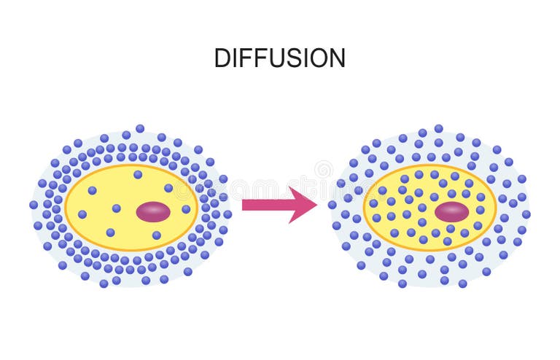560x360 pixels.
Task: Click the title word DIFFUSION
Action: (279, 58)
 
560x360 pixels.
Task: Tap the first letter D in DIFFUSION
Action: (222, 58)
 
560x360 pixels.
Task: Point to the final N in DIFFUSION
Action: (337, 58)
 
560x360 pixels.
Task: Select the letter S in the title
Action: (286, 58)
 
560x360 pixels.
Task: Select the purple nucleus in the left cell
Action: (153, 212)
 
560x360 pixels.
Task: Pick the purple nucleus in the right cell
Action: (452, 212)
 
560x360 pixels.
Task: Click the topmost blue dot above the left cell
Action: (140, 128)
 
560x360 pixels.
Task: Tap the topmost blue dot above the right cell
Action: (438, 128)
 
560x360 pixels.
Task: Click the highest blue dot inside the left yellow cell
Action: (138, 174)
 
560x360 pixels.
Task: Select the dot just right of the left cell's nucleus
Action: (186, 209)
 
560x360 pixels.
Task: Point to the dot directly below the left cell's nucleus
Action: (156, 235)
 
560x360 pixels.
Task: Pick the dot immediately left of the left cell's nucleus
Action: (117, 208)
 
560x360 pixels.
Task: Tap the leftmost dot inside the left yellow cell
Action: (82, 214)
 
